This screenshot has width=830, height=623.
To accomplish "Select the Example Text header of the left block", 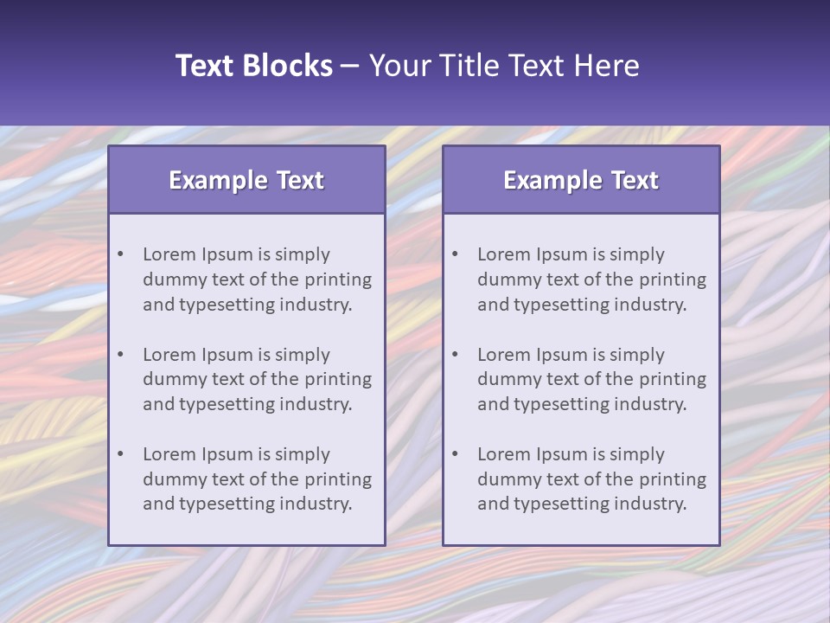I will [x=246, y=180].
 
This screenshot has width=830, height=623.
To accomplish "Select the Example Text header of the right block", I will [x=581, y=180].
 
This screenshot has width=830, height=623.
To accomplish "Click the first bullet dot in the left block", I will [x=121, y=254].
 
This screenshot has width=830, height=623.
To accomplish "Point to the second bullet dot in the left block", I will [x=121, y=355].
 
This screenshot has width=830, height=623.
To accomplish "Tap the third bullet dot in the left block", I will [x=121, y=454].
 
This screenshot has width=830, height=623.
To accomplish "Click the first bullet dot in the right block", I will [x=456, y=254].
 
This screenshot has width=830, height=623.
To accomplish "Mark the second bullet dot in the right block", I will [x=456, y=355].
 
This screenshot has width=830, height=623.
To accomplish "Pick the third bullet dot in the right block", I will [x=456, y=454].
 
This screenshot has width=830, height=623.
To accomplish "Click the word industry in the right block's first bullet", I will [x=649, y=305].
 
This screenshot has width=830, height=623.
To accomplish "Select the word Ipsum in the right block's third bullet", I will [x=562, y=454].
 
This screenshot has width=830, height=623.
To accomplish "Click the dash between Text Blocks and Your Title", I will [x=350, y=66].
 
